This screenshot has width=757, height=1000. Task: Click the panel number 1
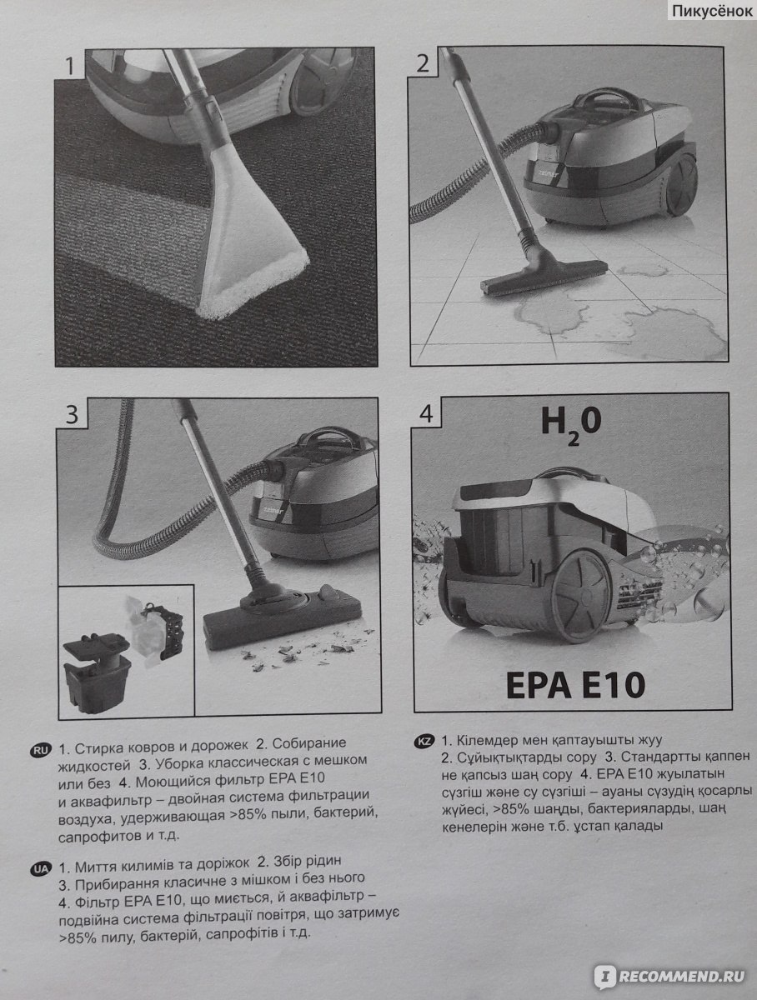click(69, 66)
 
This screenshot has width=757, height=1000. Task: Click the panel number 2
click(423, 63)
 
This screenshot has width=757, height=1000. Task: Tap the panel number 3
click(72, 415)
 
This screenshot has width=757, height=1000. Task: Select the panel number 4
click(426, 414)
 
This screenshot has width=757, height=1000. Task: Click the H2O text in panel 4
click(571, 425)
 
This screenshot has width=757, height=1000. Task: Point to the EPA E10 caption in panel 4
click(575, 685)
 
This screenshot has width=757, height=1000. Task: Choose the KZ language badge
click(424, 741)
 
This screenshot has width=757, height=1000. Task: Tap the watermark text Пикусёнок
click(713, 12)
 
